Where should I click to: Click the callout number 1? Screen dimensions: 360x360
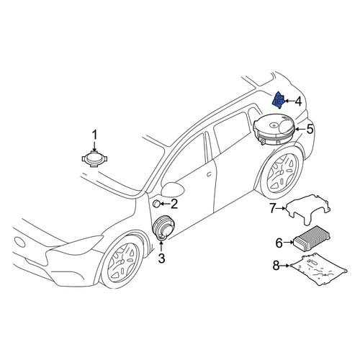click(x=95, y=135)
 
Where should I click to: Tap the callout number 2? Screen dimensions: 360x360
click(x=174, y=204)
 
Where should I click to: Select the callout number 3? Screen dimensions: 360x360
click(x=161, y=258)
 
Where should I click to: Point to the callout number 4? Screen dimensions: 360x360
click(x=297, y=102)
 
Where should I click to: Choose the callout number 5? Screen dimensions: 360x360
click(x=310, y=129)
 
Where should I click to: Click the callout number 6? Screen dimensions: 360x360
click(x=279, y=243)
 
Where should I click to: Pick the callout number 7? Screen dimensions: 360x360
click(x=272, y=208)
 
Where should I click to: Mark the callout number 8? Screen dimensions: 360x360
click(x=276, y=266)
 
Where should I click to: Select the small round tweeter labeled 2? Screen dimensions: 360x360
click(x=157, y=204)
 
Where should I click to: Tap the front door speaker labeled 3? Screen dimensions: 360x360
click(x=164, y=228)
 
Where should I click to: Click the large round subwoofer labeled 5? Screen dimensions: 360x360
click(x=274, y=130)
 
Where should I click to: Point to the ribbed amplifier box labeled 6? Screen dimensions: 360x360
click(x=312, y=238)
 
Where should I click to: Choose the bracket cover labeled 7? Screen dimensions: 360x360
click(x=308, y=208)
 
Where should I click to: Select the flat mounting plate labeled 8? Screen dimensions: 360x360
click(x=319, y=269)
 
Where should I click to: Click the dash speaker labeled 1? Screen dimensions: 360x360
click(x=94, y=158)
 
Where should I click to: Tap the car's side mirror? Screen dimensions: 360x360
click(x=173, y=189)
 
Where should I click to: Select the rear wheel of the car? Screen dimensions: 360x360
click(x=282, y=171)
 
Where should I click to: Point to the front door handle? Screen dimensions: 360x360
click(x=209, y=174)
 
